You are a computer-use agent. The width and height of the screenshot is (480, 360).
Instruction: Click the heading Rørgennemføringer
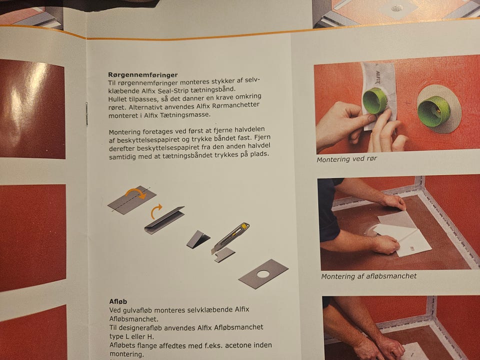142,74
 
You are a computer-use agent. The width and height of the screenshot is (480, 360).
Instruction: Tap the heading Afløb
118,301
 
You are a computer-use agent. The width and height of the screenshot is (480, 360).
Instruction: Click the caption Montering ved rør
346,159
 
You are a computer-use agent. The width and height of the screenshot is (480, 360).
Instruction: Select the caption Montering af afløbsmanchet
369,276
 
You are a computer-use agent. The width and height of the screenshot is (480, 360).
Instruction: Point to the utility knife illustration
230,238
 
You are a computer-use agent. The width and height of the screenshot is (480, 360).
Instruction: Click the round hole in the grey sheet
263,273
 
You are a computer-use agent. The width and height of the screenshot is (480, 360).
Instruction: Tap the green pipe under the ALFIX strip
374,100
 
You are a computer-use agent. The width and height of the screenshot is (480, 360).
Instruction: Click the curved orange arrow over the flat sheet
135,192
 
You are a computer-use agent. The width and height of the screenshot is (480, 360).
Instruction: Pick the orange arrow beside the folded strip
156,211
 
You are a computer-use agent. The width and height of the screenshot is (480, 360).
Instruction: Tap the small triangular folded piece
198,239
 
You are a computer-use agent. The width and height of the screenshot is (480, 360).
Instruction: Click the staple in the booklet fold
86,113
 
